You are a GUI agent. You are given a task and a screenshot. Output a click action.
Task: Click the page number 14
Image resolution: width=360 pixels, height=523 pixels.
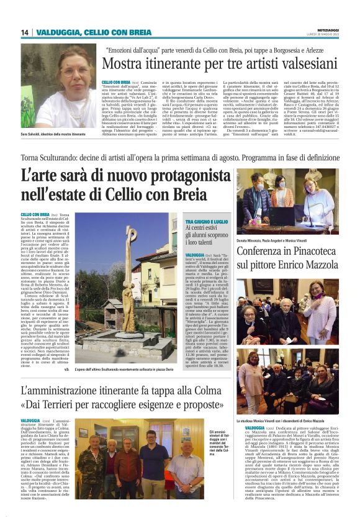pyautogui.click(x=25, y=32)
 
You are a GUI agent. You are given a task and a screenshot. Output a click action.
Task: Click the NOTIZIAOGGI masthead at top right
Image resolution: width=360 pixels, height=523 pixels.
pyautogui.click(x=329, y=29)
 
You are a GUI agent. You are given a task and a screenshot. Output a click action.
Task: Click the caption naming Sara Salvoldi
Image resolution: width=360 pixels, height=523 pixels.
pyautogui.click(x=52, y=134)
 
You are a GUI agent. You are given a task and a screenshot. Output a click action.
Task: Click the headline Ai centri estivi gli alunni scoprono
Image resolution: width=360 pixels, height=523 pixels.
pyautogui.click(x=207, y=237)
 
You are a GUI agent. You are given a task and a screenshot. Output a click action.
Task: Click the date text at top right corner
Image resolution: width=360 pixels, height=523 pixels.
pyautogui.click(x=329, y=35)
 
